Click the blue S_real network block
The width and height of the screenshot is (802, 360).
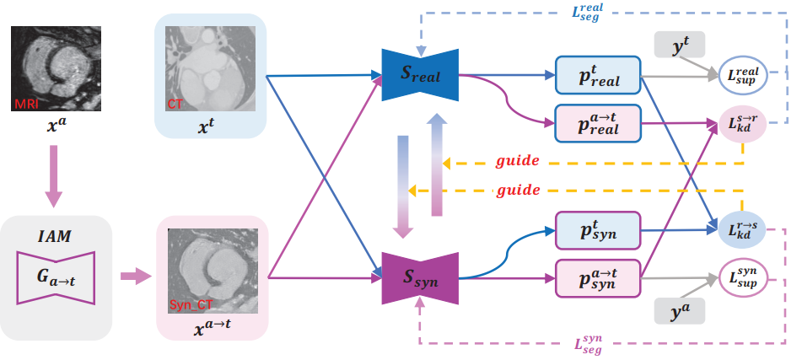point(419,75)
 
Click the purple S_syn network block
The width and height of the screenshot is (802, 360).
point(419,276)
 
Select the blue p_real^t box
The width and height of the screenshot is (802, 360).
point(598,74)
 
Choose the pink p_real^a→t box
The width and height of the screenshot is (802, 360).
point(598,123)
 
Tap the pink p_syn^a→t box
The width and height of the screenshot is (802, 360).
point(598,277)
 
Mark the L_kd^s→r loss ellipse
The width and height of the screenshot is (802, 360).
point(741,124)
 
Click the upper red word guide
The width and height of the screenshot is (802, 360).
point(518,160)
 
